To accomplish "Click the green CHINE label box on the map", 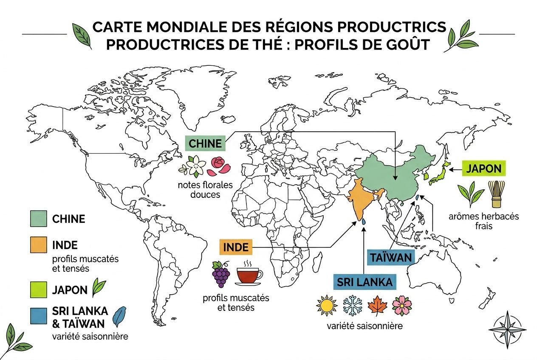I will coord(206,143).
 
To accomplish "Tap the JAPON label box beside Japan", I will coord(483,169).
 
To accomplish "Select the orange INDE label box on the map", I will coord(235,247).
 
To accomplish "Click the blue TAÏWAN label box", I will coord(390,258).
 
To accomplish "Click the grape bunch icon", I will coord(221,274).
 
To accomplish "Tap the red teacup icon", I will coord(250,275).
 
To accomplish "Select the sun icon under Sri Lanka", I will coord(327,306).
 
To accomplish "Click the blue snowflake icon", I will coord(351,306).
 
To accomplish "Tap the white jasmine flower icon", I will coord(195,166).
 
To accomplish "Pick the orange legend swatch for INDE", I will coord(39,245).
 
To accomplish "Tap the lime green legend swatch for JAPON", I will coord(39,290).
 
